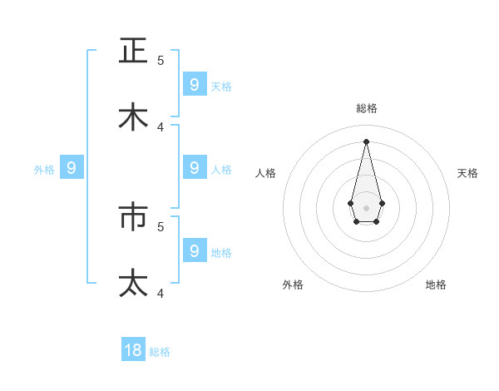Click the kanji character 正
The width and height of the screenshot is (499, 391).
[133, 51]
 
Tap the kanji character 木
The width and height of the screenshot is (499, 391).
[133, 117]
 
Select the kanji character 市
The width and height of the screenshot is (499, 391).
[133, 217]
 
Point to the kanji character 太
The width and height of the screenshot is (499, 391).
[133, 283]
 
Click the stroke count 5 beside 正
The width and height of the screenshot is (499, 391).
[161, 60]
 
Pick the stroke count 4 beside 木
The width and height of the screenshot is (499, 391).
[161, 126]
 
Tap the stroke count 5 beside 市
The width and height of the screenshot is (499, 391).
[161, 225]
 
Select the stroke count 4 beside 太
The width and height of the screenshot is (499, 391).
[161, 292]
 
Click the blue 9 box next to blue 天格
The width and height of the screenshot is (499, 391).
[194, 84]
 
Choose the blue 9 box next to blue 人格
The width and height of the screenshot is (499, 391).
[194, 167]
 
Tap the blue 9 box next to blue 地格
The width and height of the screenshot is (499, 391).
[194, 250]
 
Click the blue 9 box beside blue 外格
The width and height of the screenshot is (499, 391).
[72, 168]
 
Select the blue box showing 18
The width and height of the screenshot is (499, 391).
[133, 350]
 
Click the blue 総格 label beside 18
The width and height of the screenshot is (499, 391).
[160, 352]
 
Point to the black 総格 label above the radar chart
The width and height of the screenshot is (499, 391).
[366, 108]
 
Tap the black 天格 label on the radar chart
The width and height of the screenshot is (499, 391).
[467, 173]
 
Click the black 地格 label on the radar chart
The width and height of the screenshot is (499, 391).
[436, 285]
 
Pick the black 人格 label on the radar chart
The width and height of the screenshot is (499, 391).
[266, 173]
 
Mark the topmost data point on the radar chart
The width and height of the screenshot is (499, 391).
[366, 141]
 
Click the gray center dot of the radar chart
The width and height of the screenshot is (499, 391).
[366, 207]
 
